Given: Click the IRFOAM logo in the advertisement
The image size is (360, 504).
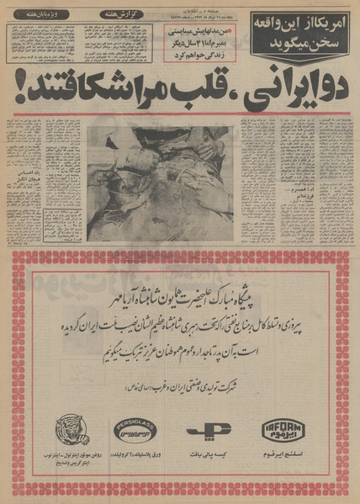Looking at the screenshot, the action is click(282, 430).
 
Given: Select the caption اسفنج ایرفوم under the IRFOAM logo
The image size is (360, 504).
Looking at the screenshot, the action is click(282, 456).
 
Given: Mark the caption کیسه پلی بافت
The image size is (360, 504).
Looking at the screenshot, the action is click(204, 456).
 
